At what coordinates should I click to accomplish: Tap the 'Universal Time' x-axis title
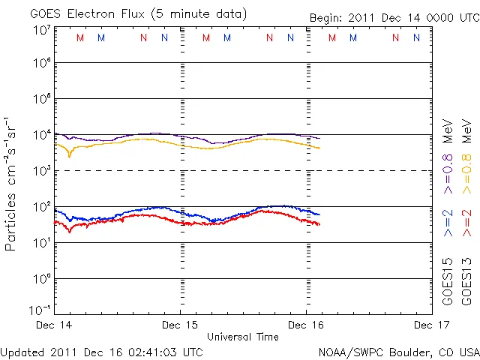242,337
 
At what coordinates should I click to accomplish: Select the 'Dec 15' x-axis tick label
180,325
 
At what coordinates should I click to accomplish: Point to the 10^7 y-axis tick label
41,30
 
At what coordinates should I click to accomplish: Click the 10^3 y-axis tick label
41,171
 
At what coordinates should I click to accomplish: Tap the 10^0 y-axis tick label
41,279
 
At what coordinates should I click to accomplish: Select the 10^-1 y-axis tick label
40,310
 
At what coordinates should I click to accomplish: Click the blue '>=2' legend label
448,223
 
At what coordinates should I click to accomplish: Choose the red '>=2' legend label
466,223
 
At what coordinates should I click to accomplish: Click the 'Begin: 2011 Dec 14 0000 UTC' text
394,17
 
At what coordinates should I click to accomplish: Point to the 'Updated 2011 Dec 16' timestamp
101,351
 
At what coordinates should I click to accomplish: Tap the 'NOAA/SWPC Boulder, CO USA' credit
398,351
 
